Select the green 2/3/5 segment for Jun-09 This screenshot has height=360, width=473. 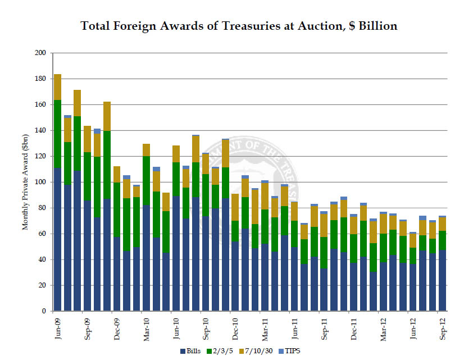[57, 134]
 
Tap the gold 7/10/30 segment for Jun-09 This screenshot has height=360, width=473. [57, 87]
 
